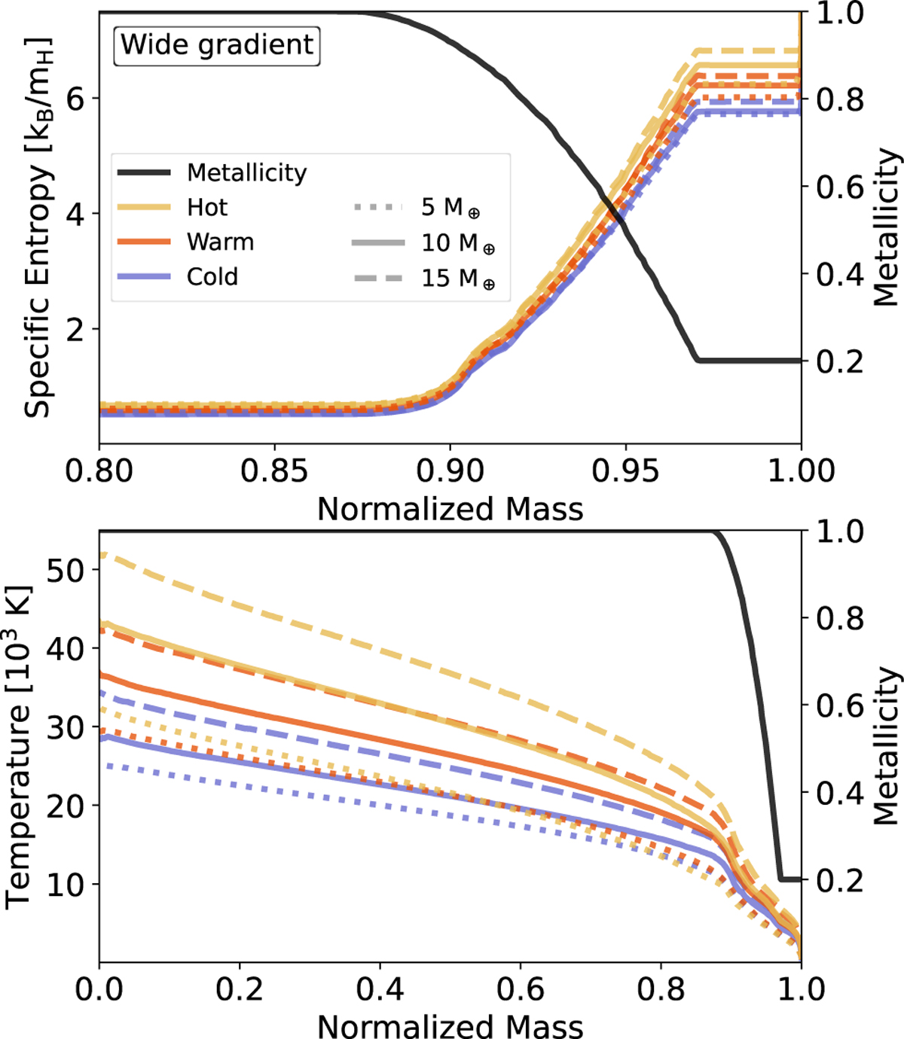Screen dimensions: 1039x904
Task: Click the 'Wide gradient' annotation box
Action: [218, 45]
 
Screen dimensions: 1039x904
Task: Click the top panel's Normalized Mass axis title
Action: [450, 509]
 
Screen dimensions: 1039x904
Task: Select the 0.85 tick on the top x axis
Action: [274, 471]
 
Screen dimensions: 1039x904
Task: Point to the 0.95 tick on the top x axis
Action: [625, 471]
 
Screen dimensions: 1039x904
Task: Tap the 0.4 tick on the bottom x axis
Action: [380, 988]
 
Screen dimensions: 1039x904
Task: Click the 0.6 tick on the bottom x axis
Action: [520, 988]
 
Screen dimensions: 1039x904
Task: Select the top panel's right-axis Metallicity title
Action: [886, 226]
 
